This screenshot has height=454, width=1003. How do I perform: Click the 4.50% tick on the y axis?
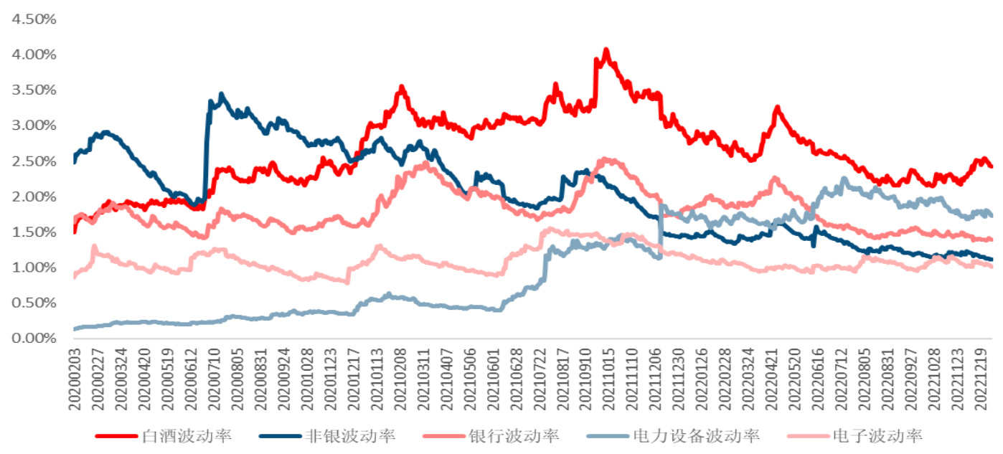tap(33, 19)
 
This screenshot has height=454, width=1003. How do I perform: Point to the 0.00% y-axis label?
tap(33, 338)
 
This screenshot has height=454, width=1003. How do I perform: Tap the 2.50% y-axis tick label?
tap(33, 161)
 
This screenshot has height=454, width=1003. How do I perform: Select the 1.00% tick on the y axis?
tap(33, 267)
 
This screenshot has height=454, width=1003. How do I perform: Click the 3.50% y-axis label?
tap(33, 90)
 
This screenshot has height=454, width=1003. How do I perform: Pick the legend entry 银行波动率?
tap(514, 436)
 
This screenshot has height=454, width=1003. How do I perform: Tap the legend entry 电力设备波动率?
tap(696, 436)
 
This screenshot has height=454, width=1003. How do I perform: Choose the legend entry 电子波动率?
tap(877, 436)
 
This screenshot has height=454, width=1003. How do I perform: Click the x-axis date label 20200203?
tap(74, 380)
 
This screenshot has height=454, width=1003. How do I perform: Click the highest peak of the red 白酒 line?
tap(606, 50)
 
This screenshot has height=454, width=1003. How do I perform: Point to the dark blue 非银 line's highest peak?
tap(222, 94)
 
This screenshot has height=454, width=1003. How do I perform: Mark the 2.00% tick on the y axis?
tap(33, 197)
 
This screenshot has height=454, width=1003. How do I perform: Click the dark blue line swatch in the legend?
tap(279, 436)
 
